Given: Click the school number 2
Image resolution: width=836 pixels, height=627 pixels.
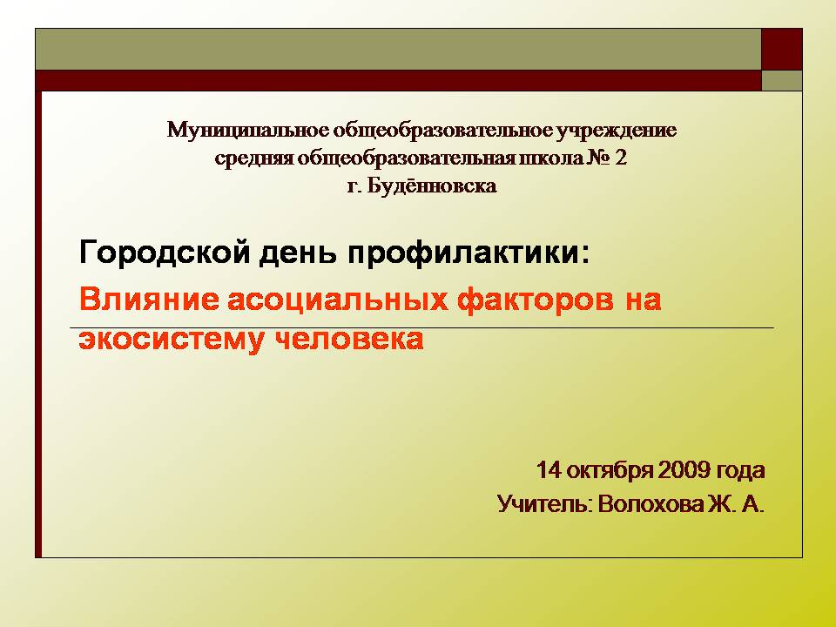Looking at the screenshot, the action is click(x=621, y=158).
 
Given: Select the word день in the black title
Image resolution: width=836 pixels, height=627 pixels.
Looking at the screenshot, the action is click(x=299, y=253).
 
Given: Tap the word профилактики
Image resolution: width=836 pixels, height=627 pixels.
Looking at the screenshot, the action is click(x=469, y=253).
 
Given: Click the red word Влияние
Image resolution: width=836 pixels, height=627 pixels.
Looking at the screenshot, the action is click(x=149, y=299).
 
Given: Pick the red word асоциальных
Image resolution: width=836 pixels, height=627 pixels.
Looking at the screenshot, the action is click(x=338, y=299).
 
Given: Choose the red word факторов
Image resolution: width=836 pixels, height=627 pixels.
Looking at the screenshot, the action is click(x=536, y=299).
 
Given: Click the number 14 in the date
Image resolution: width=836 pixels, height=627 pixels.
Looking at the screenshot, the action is click(x=549, y=470).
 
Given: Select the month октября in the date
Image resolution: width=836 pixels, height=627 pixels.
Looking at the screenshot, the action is click(x=610, y=470).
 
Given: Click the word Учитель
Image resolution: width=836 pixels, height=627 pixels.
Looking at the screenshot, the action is click(x=544, y=504).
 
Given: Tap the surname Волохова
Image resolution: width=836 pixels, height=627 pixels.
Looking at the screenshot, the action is click(x=651, y=504).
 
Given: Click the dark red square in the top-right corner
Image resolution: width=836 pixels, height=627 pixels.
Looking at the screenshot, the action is click(x=782, y=49).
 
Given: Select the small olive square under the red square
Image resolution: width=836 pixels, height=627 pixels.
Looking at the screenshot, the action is click(x=782, y=80).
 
